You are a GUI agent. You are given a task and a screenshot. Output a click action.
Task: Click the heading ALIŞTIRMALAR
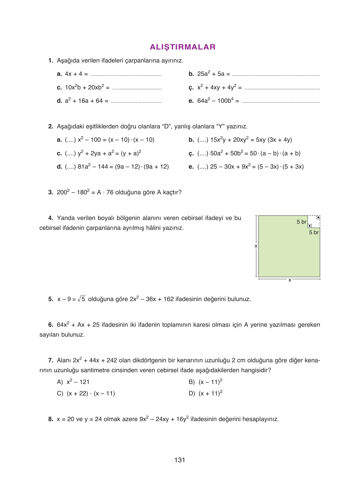pyautogui.click(x=182, y=47)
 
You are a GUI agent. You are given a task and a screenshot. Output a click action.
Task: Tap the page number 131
pyautogui.click(x=180, y=460)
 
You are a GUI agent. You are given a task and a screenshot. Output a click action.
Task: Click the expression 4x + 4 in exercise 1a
pyautogui.click(x=74, y=74)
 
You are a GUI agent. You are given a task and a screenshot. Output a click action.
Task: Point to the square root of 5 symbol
pyautogui.click(x=82, y=299)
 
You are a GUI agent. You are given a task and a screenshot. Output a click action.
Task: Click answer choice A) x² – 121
pyautogui.click(x=73, y=382)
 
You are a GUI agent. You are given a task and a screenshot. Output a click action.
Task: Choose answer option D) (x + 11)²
pyautogui.click(x=206, y=394)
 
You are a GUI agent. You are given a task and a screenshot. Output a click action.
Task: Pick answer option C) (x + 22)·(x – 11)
pyautogui.click(x=86, y=394)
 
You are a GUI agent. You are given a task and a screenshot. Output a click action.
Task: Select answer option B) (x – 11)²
pyautogui.click(x=206, y=382)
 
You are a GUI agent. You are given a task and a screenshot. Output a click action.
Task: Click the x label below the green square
pyautogui.click(x=290, y=280)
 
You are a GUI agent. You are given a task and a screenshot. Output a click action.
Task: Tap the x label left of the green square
pyautogui.click(x=256, y=246)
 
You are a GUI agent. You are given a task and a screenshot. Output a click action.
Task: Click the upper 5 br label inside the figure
pyautogui.click(x=301, y=222)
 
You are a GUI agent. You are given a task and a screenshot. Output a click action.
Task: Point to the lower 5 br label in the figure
pyautogui.click(x=314, y=232)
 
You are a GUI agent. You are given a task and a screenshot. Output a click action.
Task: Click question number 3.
pyautogui.click(x=51, y=192)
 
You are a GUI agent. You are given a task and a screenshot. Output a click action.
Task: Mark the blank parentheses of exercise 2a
pyautogui.click(x=70, y=140)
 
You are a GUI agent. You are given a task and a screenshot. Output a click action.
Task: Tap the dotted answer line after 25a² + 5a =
pyautogui.click(x=276, y=75)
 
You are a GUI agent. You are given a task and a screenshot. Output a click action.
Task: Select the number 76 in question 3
pyautogui.click(x=110, y=192)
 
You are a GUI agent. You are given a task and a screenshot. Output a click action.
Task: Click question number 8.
pyautogui.click(x=51, y=419)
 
